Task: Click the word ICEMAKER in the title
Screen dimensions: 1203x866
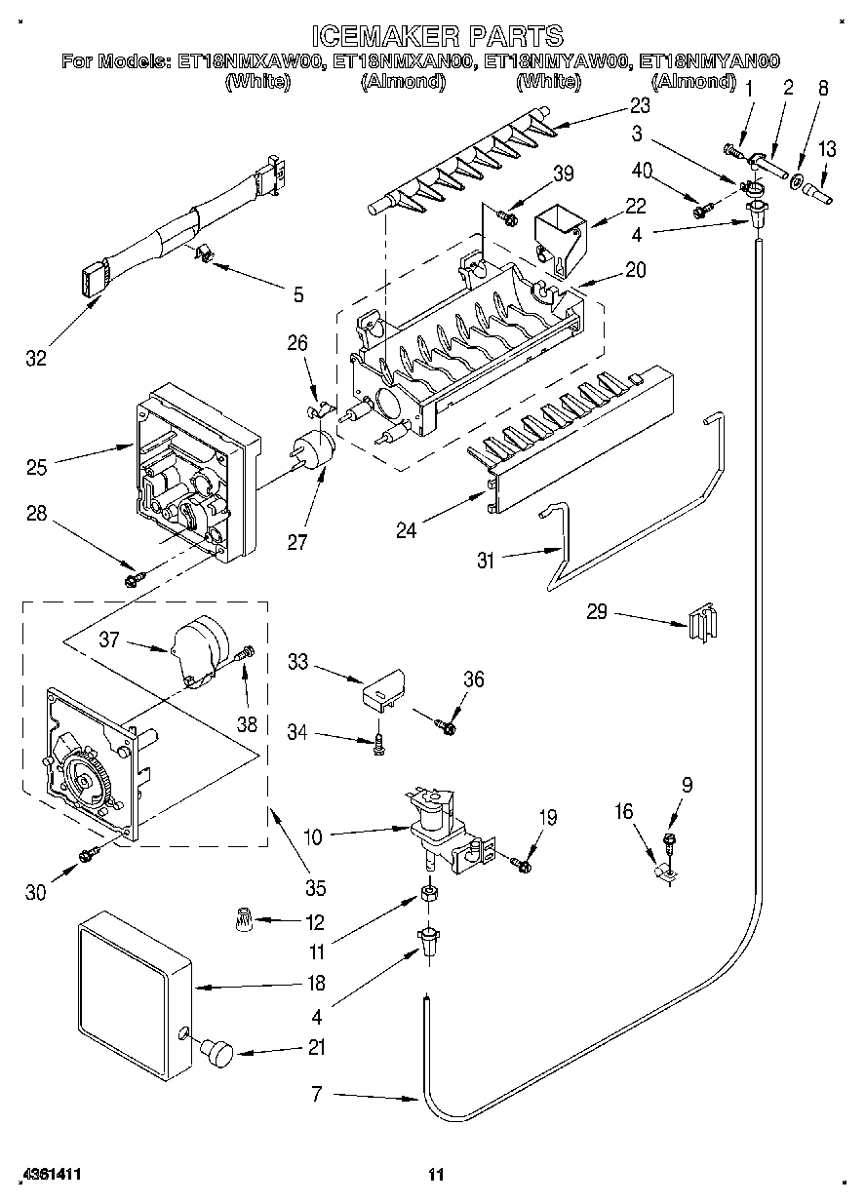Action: pos(381,36)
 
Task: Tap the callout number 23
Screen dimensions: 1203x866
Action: pos(639,105)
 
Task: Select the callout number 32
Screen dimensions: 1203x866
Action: pos(36,359)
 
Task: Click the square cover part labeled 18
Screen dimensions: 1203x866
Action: pos(131,985)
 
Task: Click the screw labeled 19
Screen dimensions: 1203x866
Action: pos(522,863)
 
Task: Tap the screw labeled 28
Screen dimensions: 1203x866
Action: pos(134,581)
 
